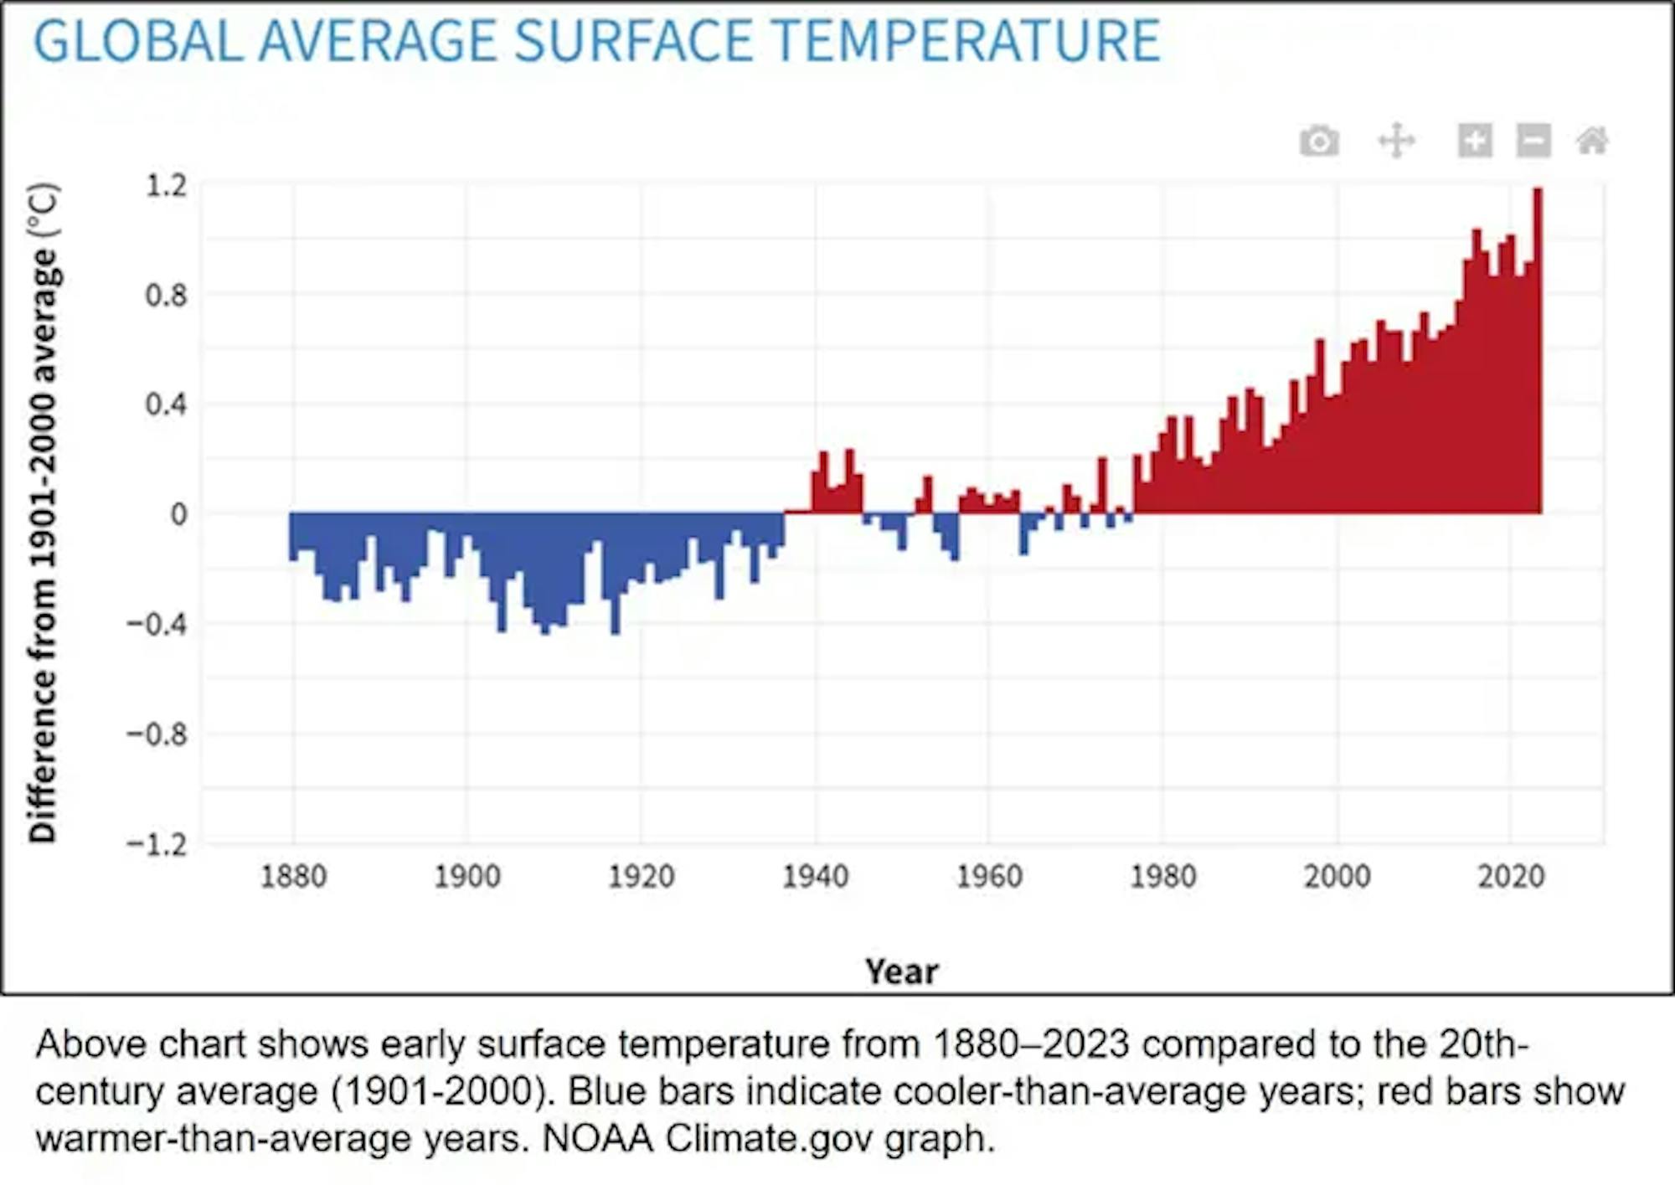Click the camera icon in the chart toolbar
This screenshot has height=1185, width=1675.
coord(1319,141)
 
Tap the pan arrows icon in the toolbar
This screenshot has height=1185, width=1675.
coord(1396,141)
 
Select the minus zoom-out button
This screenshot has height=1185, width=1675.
coord(1533,141)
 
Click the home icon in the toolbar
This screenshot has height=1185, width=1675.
coord(1591,141)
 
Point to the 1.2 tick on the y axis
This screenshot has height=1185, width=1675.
coord(167,186)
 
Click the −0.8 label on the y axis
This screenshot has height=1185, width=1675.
coord(157,734)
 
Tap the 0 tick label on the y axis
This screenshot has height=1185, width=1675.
coord(178,514)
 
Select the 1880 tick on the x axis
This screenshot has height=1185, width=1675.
coord(293,877)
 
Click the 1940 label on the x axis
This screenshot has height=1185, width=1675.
coord(815,877)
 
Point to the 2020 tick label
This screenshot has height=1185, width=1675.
coord(1510,877)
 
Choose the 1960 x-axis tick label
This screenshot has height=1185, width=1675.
coord(989,877)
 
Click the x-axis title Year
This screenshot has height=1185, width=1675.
coord(901,971)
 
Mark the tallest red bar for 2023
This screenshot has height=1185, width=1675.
coord(1538,352)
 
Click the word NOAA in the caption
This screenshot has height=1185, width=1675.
coord(597,1139)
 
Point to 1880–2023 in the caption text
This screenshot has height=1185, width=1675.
coord(1031,1044)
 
